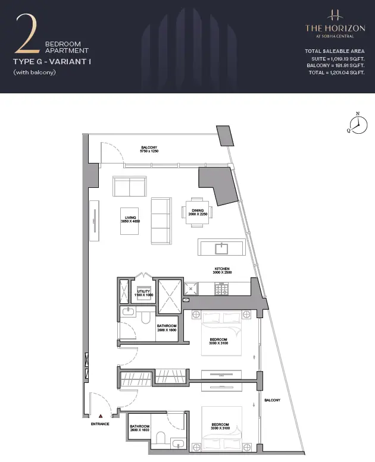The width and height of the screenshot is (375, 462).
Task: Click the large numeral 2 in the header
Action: coord(27,33)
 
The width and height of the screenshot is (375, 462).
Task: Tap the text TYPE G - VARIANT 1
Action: coord(52,62)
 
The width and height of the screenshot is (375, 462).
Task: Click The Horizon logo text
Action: coord(335,29)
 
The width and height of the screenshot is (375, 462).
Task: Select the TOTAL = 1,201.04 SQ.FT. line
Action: coord(336,73)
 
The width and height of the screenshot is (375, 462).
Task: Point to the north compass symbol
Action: coord(358,124)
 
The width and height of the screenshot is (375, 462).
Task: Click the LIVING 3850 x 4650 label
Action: coord(130,219)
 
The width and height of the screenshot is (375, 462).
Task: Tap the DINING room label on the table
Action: coord(198,212)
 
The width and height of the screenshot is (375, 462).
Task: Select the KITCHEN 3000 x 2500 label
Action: coord(222,271)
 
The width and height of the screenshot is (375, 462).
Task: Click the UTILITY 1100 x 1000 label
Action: coord(143,293)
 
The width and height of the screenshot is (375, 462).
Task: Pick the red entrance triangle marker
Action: coord(101,416)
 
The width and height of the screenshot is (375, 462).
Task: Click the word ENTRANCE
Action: coord(100,424)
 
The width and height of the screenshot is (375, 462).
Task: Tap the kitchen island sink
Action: coord(221,249)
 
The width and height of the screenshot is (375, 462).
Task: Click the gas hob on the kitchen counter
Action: coord(221,288)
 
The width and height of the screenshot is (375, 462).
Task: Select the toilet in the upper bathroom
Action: coord(146,318)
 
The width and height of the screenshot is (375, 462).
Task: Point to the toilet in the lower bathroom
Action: coord(161,438)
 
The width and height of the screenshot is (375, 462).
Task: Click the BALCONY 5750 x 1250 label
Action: coord(149,149)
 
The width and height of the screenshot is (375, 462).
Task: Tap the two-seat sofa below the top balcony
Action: coord(130,186)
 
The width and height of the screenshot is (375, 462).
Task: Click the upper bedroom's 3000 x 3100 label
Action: coord(218,343)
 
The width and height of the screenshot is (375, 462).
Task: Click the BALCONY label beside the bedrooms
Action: coord(273,400)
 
